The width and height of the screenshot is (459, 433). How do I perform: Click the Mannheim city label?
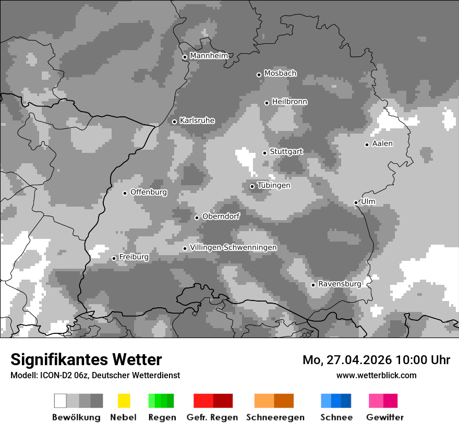[209, 56]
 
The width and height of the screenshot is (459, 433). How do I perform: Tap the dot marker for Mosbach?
[259, 75]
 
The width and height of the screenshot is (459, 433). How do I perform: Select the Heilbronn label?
[289, 102]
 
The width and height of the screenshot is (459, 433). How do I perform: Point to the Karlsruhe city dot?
[174, 122]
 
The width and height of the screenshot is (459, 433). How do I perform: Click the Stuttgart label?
[286, 152]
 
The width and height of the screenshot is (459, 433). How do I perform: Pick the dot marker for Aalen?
[367, 145]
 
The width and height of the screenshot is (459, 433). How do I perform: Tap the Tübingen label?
[274, 186]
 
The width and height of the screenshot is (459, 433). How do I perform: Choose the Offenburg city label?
[149, 192]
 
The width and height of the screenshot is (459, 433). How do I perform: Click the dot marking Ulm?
[356, 202]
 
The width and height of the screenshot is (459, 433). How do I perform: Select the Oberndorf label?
[221, 216]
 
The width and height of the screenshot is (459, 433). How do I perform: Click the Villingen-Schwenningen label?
[233, 247]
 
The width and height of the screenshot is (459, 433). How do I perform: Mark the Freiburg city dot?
[114, 258]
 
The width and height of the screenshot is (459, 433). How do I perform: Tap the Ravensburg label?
[340, 284]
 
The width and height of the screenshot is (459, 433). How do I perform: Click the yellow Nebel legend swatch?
[124, 401]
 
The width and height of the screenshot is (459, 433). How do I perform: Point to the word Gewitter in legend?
[385, 417]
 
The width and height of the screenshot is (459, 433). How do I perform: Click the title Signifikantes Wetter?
[86, 359]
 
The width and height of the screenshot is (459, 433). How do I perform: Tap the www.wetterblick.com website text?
[376, 375]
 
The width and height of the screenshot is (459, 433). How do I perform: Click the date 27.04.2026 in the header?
[359, 360]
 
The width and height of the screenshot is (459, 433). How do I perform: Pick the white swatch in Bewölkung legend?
[61, 401]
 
